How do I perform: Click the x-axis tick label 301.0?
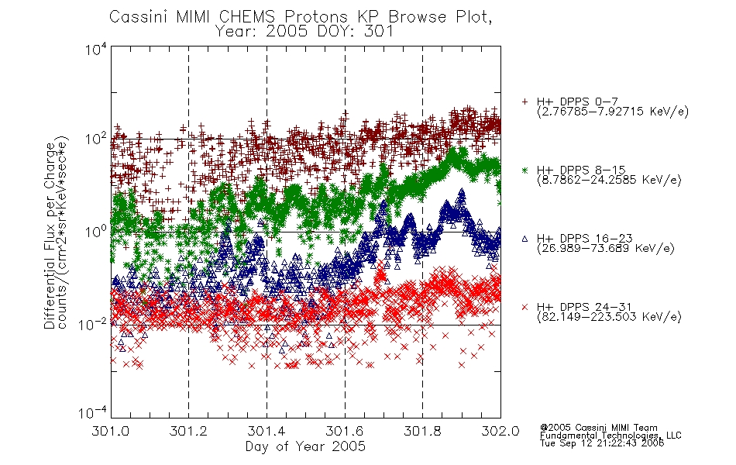(x=110, y=431)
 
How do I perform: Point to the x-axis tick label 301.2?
(x=188, y=431)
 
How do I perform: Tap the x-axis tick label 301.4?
(x=267, y=431)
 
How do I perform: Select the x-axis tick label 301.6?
(x=345, y=431)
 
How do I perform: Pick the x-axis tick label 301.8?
(x=422, y=431)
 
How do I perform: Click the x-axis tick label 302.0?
(x=500, y=431)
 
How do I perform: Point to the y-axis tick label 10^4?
(x=96, y=49)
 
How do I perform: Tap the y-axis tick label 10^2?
(x=96, y=139)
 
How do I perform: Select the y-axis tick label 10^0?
(x=96, y=232)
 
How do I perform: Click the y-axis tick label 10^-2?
(x=93, y=324)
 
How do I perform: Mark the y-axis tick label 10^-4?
(x=93, y=412)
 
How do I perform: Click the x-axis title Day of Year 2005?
(x=305, y=446)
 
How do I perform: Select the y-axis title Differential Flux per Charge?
(x=50, y=236)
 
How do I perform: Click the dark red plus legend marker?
(x=524, y=102)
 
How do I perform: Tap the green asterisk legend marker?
(x=524, y=170)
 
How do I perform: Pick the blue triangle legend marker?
(x=524, y=239)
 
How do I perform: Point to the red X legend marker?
(x=524, y=307)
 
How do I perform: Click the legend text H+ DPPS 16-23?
(x=584, y=238)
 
